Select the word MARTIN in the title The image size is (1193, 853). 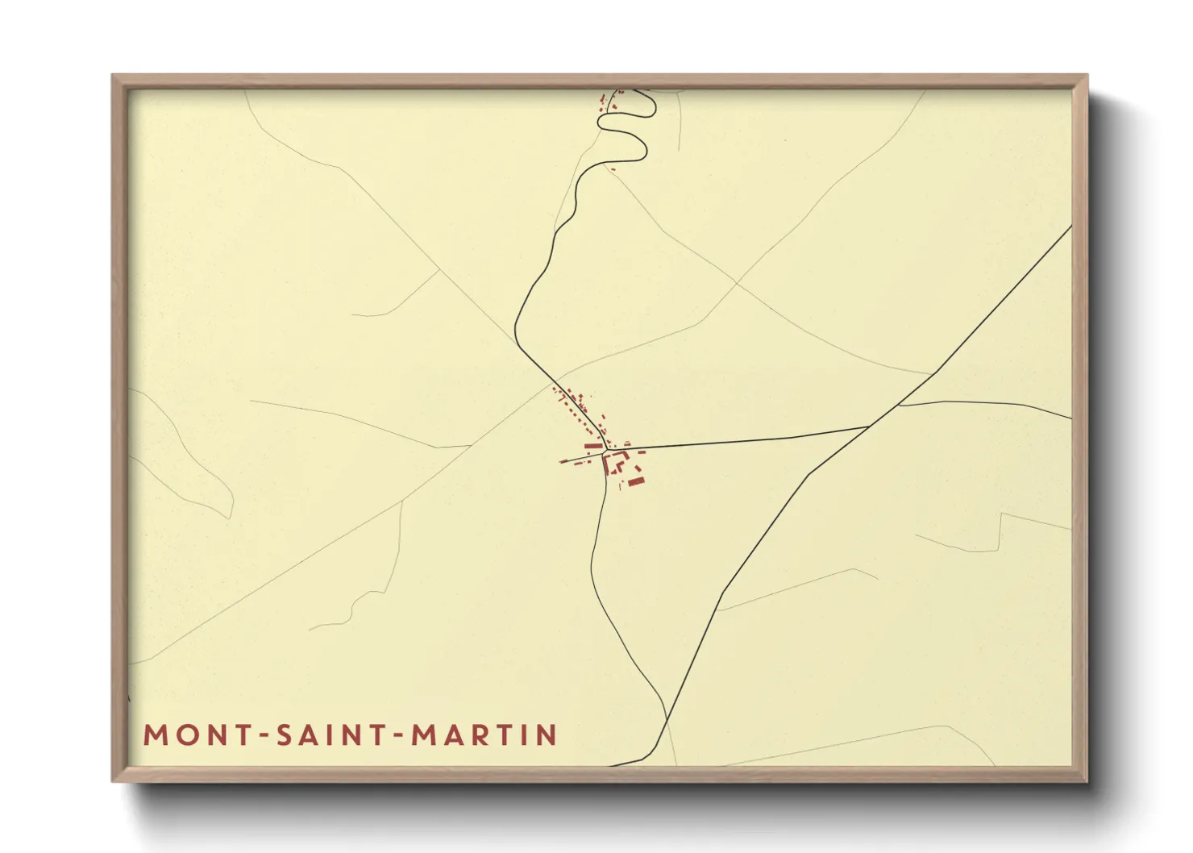[484, 735]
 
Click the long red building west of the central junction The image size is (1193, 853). [594, 446]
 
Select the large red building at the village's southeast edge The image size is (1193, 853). [636, 482]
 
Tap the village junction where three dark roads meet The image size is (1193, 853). [606, 450]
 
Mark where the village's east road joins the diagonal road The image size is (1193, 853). [869, 426]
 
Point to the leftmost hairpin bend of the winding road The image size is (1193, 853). [601, 121]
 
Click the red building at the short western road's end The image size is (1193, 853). [564, 461]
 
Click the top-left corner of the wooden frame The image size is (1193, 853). [113, 75]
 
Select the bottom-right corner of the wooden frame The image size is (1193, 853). [1087, 781]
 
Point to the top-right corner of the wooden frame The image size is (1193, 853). [1087, 75]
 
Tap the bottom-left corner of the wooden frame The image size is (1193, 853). [113, 781]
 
